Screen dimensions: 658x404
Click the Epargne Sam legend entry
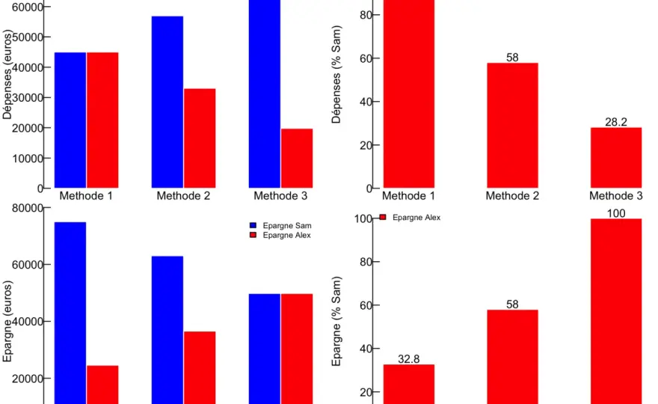280,225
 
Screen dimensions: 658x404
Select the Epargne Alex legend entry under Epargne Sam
280,235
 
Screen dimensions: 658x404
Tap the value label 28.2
616,122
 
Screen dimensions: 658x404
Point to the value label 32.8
409,359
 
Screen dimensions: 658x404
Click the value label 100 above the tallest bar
616,213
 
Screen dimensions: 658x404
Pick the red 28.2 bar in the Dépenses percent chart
616,157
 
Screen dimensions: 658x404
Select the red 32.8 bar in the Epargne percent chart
409,385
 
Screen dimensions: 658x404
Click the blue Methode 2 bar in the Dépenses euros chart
167,102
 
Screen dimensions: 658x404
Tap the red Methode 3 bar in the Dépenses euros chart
297,159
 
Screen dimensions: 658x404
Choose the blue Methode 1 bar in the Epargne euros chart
70,313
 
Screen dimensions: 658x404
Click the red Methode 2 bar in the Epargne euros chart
200,368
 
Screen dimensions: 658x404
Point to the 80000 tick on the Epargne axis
28,208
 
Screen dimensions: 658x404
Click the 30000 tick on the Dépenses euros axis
28,97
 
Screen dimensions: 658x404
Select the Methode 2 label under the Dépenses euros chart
183,196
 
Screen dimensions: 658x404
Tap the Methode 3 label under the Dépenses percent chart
616,196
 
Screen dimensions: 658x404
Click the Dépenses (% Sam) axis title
336,74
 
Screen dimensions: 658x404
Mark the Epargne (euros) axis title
7,321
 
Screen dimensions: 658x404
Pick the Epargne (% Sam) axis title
336,321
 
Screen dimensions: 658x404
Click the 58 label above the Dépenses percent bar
512,58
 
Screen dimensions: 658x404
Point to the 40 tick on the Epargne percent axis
366,349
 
